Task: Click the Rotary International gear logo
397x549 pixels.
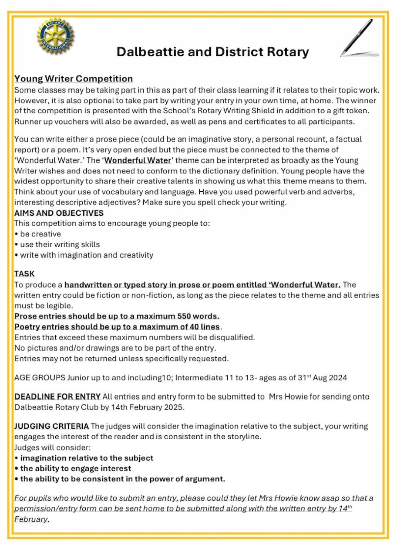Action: (x=55, y=36)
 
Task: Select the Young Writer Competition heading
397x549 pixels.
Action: (x=74, y=79)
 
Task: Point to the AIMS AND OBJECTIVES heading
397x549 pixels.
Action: (x=59, y=213)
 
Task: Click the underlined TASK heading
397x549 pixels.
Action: (x=24, y=274)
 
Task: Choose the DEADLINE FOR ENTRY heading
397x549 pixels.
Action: (x=57, y=397)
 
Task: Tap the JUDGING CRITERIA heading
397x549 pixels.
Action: (x=52, y=426)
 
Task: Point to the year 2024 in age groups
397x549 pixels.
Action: (x=338, y=378)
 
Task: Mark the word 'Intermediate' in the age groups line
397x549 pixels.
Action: (x=198, y=378)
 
